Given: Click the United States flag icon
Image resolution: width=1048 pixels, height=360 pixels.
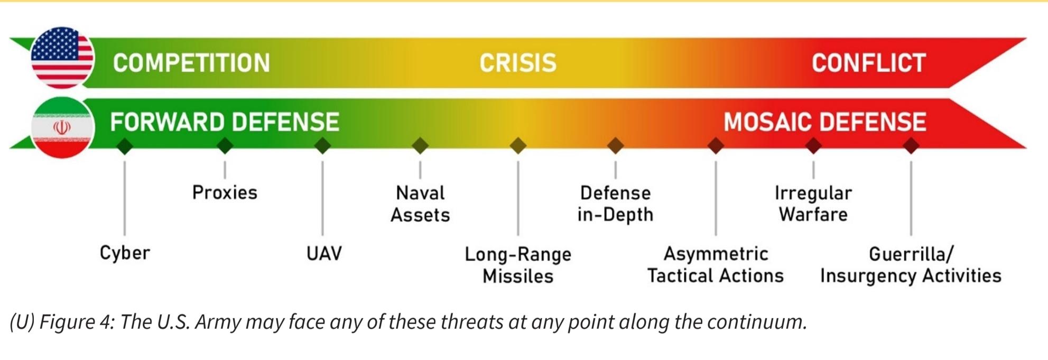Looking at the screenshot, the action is coord(62,58).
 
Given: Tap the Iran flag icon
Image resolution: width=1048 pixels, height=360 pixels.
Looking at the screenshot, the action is coord(62,127).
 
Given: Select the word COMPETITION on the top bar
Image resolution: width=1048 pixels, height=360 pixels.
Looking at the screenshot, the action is coord(191,63).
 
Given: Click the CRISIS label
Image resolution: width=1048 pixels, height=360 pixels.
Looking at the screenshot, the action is coord(518,63).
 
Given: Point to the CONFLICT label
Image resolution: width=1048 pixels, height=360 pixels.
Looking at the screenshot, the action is coord(869,63).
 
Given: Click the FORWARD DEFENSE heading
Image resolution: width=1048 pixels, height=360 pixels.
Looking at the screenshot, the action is coord(225,122).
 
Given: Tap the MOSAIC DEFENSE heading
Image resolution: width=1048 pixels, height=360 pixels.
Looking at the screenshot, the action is coord(825,122).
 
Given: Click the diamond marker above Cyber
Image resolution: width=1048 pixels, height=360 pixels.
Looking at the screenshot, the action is coord(125,145).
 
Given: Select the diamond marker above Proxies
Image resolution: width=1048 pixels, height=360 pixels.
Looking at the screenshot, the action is coord(225,145).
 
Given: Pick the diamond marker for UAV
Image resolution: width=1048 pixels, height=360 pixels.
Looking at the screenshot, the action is coord(322,145).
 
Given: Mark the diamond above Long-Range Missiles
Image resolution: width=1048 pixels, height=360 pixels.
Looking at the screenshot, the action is coord(518,145).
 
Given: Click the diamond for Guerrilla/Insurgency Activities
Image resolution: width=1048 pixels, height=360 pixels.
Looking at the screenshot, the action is coord(911,145).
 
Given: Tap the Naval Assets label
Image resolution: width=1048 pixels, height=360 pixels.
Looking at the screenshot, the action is coord(420,204).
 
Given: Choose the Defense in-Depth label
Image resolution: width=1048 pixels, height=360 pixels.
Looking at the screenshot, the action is coord(616,204).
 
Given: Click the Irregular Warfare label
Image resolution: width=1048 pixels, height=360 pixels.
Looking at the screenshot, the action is coord(813,204).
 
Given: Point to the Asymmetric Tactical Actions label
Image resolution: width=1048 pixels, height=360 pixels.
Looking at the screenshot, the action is coord(716,265).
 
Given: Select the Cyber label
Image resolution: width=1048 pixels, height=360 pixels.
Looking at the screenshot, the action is coord(125,253).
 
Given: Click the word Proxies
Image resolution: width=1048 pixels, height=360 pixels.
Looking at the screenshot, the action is coord(225,192).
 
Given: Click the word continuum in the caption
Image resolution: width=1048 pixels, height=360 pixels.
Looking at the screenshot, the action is coord(757,322).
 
